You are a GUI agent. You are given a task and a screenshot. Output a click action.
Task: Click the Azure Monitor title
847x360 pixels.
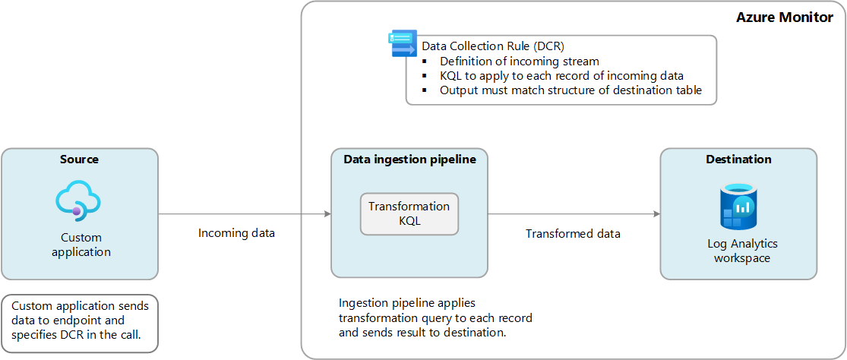click(784, 17)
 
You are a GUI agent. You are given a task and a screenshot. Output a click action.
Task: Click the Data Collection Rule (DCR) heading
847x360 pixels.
click(493, 46)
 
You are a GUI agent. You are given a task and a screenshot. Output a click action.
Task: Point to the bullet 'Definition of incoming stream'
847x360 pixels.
click(519, 61)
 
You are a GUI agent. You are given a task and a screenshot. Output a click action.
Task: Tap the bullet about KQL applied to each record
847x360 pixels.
click(561, 75)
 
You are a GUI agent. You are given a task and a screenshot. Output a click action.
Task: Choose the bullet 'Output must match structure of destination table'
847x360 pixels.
click(570, 90)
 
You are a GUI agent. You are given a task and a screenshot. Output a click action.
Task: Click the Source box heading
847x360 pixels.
click(80, 159)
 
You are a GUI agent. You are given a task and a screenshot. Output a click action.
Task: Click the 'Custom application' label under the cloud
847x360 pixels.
click(81, 245)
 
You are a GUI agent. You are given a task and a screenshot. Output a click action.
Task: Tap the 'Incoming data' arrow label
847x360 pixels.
click(236, 233)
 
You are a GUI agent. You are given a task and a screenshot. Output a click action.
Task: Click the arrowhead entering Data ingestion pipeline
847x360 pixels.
click(327, 215)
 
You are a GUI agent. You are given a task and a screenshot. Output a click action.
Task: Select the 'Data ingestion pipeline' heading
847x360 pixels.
click(409, 159)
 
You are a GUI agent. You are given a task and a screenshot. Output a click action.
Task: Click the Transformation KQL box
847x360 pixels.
click(409, 213)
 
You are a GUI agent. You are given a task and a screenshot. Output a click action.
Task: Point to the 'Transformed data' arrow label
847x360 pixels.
click(573, 233)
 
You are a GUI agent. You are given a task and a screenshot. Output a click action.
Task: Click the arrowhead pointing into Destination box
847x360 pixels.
click(656, 215)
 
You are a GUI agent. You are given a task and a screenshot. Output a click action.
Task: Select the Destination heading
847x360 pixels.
click(738, 159)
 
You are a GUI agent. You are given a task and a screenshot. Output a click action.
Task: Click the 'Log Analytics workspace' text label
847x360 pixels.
click(741, 251)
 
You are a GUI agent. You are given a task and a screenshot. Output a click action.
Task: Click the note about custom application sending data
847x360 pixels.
click(81, 322)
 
